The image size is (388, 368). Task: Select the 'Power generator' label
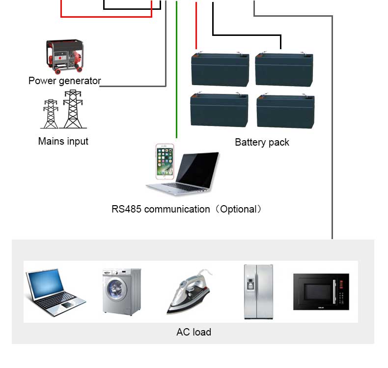click(x=64, y=81)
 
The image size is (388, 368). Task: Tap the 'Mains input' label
click(x=63, y=141)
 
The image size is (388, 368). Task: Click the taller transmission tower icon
click(x=73, y=109)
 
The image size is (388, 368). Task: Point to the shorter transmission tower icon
click(x=51, y=114)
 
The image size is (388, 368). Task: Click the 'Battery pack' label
click(x=262, y=142)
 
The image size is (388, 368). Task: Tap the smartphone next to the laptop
click(x=165, y=162)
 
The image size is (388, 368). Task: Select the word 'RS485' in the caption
click(x=126, y=209)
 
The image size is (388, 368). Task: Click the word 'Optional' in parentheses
click(x=238, y=209)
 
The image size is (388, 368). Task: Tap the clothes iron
click(x=189, y=292)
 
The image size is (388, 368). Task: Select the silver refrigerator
click(x=258, y=292)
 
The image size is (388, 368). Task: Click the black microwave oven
click(x=321, y=292)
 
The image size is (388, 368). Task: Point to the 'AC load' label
click(x=194, y=332)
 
